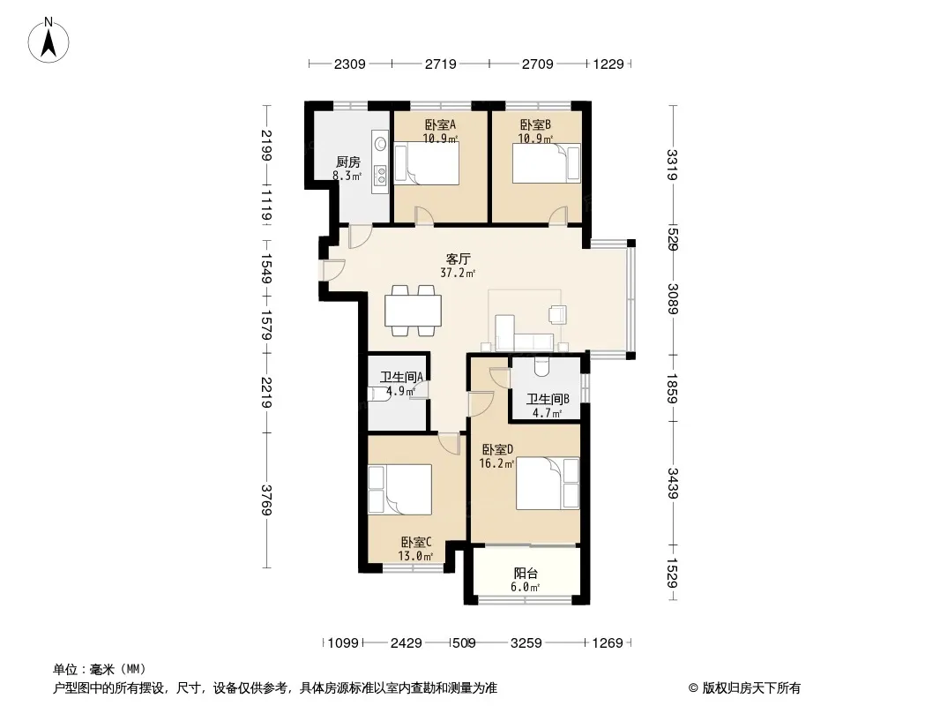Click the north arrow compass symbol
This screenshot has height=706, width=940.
click(x=48, y=41)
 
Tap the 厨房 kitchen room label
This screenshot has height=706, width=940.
click(x=347, y=162)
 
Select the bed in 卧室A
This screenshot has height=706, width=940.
click(x=427, y=164)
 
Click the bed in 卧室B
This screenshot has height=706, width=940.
click(x=546, y=163)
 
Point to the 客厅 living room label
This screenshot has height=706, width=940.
click(x=458, y=259)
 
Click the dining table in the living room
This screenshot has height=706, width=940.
click(x=413, y=311)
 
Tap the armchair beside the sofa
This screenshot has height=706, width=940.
click(x=557, y=314)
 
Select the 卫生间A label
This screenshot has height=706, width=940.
click(x=401, y=377)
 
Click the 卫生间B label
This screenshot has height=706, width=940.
click(x=548, y=400)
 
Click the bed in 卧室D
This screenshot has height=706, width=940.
click(x=548, y=484)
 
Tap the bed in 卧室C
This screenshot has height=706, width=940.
click(x=399, y=489)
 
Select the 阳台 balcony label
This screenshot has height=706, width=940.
click(x=526, y=574)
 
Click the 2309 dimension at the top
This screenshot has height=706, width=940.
click(x=349, y=64)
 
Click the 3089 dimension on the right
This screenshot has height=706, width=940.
click(x=672, y=298)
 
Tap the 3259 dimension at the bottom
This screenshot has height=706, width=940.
click(x=526, y=643)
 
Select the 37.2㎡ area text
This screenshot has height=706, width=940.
click(x=458, y=273)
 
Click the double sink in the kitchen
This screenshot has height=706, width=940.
click(x=381, y=175)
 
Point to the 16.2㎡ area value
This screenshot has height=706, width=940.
click(x=497, y=463)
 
